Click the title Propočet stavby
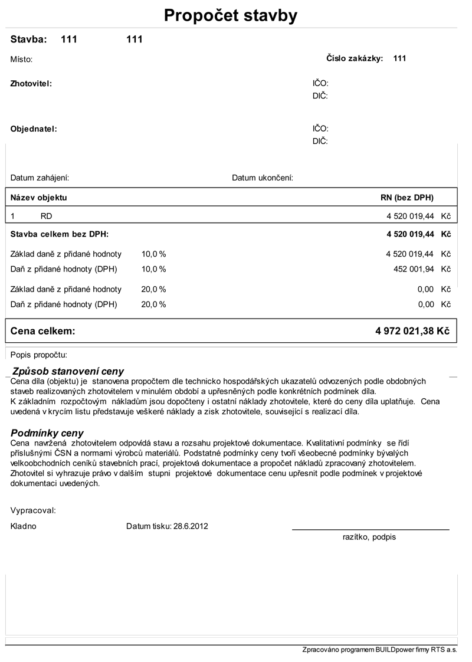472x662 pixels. coord(231,16)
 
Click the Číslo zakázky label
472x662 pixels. coord(355,58)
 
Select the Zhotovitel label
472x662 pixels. coord(31,84)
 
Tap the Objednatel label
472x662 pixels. coord(34,129)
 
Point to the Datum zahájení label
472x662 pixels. coord(40,178)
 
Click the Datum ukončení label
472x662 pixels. coord(263,178)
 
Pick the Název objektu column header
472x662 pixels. coord(39,197)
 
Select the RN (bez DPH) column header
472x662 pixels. coord(407,197)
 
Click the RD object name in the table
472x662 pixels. coord(46,217)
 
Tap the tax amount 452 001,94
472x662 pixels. coord(413,269)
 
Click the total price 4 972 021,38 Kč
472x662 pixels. coord(412,331)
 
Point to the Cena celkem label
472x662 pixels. coord(43,331)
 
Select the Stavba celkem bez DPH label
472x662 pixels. coord(60,234)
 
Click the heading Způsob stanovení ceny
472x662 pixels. coord(68,371)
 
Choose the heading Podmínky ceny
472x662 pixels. coord(47,433)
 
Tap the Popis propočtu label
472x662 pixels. coord(39,355)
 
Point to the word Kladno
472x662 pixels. coord(24,526)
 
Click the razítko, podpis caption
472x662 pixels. coord(369,537)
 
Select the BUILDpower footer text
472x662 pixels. coord(379,650)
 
